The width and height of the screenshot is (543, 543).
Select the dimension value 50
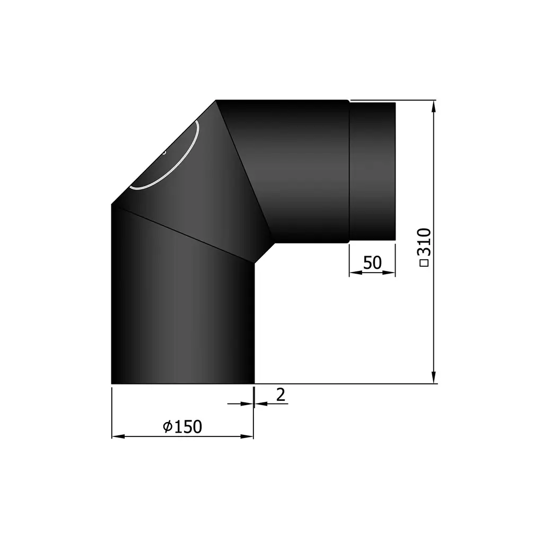click(372, 262)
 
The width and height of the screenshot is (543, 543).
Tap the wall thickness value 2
click(281, 394)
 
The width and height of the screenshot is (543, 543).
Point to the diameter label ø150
click(183, 426)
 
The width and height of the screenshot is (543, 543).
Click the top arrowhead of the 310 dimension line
click(434, 104)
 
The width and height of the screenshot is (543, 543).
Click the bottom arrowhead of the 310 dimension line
click(434, 378)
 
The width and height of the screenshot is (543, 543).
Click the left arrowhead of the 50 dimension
click(354, 273)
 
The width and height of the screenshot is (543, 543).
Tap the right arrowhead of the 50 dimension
click(391, 273)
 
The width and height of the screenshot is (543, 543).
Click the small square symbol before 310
click(424, 262)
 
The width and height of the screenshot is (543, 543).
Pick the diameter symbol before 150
click(167, 426)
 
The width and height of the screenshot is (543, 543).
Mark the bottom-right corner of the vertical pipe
click(254, 382)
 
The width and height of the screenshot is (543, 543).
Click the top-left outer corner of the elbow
click(216, 101)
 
